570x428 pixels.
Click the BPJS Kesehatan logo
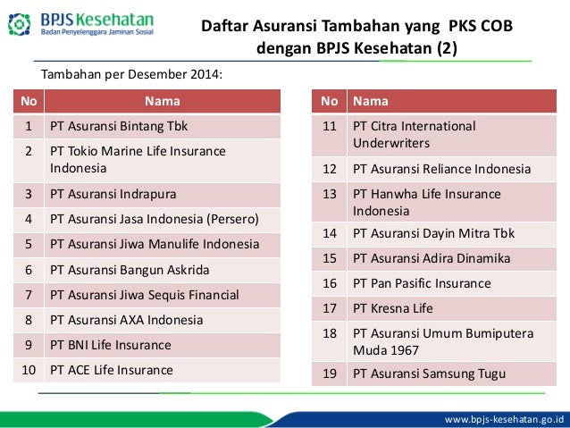(86, 23)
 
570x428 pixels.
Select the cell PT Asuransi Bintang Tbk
(119, 126)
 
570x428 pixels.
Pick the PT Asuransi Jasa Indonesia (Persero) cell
(155, 217)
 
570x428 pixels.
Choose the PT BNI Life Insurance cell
(111, 344)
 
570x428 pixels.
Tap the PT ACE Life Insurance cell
(112, 369)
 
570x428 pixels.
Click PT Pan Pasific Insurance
(422, 283)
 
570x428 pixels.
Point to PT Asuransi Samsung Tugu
(429, 373)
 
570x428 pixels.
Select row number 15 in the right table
(329, 258)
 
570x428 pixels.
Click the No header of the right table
(329, 101)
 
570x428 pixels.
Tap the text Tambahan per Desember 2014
(130, 74)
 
